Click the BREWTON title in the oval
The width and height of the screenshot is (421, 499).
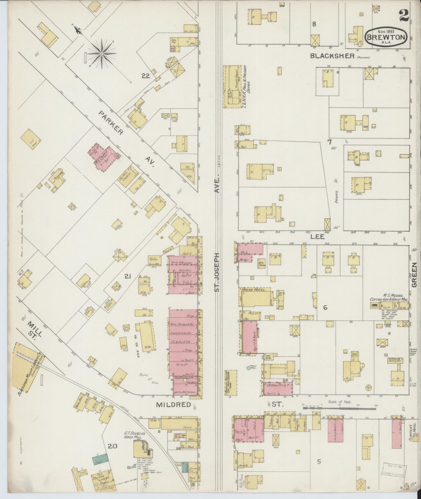[386, 37]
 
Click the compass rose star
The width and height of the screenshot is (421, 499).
[102, 54]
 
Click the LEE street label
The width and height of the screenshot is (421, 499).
[317, 237]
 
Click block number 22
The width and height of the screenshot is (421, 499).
[145, 76]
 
